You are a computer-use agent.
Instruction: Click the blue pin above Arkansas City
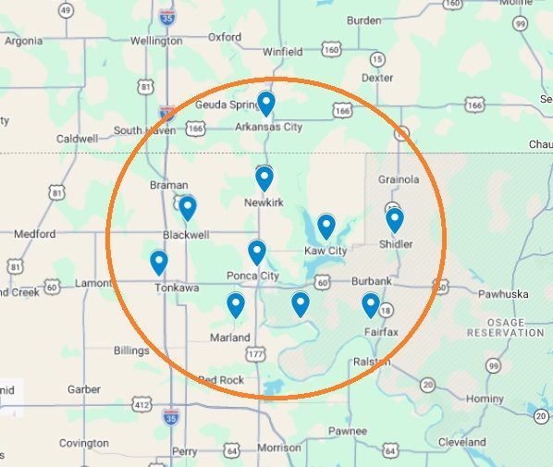tap(266, 103)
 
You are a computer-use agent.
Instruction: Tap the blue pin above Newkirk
tap(264, 177)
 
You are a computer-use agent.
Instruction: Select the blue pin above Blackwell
tap(188, 207)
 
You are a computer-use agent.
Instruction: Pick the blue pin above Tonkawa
tap(159, 263)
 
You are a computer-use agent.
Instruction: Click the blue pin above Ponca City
tap(257, 251)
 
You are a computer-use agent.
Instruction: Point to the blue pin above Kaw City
tap(326, 225)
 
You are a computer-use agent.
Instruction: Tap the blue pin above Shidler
tap(395, 219)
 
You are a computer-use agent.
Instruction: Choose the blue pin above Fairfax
tap(371, 303)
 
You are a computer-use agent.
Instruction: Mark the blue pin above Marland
tap(236, 303)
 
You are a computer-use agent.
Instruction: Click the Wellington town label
tap(156, 41)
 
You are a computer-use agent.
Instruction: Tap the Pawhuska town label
tap(502, 294)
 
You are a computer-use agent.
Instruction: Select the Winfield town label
tap(282, 52)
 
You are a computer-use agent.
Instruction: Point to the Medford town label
tap(35, 233)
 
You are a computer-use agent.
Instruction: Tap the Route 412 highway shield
tap(141, 404)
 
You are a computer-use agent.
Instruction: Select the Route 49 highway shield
tap(66, 10)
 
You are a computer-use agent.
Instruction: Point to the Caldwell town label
tap(77, 139)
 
